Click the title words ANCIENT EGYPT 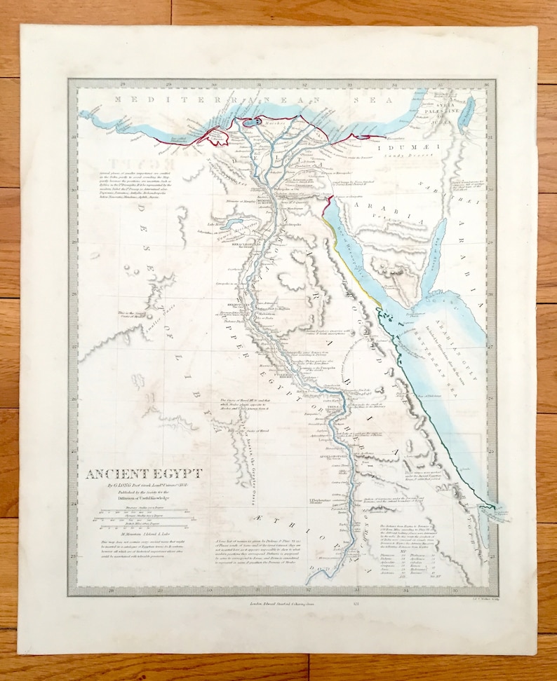pos(144,473)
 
